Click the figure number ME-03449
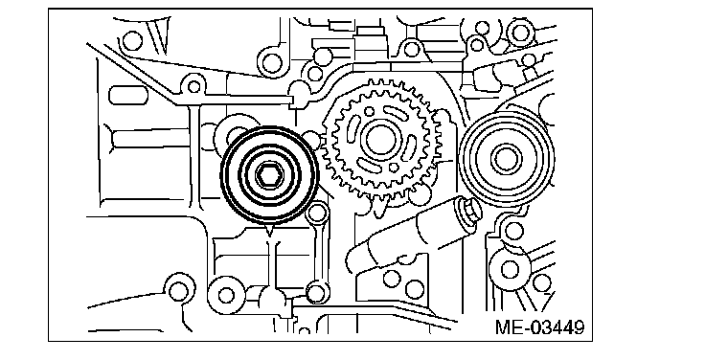pos(539,327)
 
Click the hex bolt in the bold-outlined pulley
pos(269,175)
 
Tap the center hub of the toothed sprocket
pos(380,139)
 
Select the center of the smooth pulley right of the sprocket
pos(507,159)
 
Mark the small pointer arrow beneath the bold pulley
pos(269,229)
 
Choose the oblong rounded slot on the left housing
pos(128,96)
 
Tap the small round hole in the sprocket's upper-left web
pos(369,111)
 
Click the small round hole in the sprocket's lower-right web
pos(394,168)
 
